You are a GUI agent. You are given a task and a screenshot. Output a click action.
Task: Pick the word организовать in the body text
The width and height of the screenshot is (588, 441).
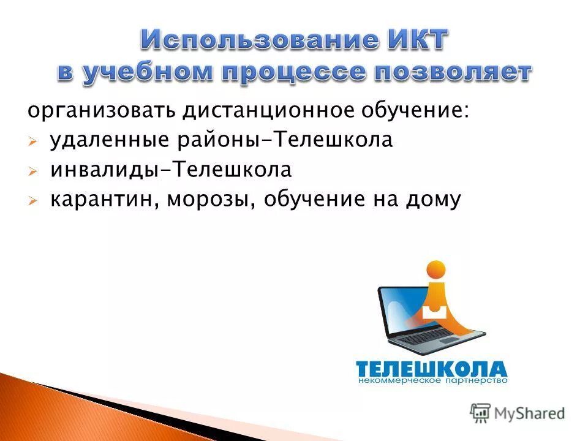pos(100,111)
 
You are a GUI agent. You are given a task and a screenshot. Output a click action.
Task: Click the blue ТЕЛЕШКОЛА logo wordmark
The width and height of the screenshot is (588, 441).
pos(431,369)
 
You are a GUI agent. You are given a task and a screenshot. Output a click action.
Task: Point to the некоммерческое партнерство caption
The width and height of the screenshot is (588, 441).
pos(432,381)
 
